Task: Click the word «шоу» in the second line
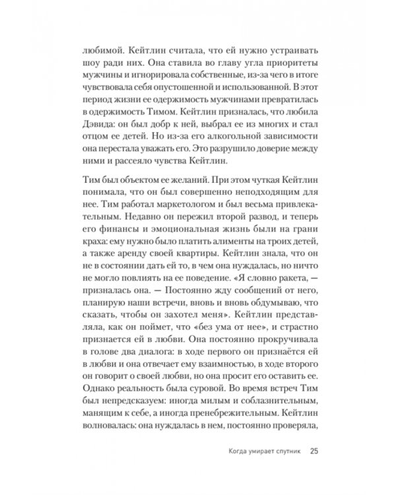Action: pos(90,66)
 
